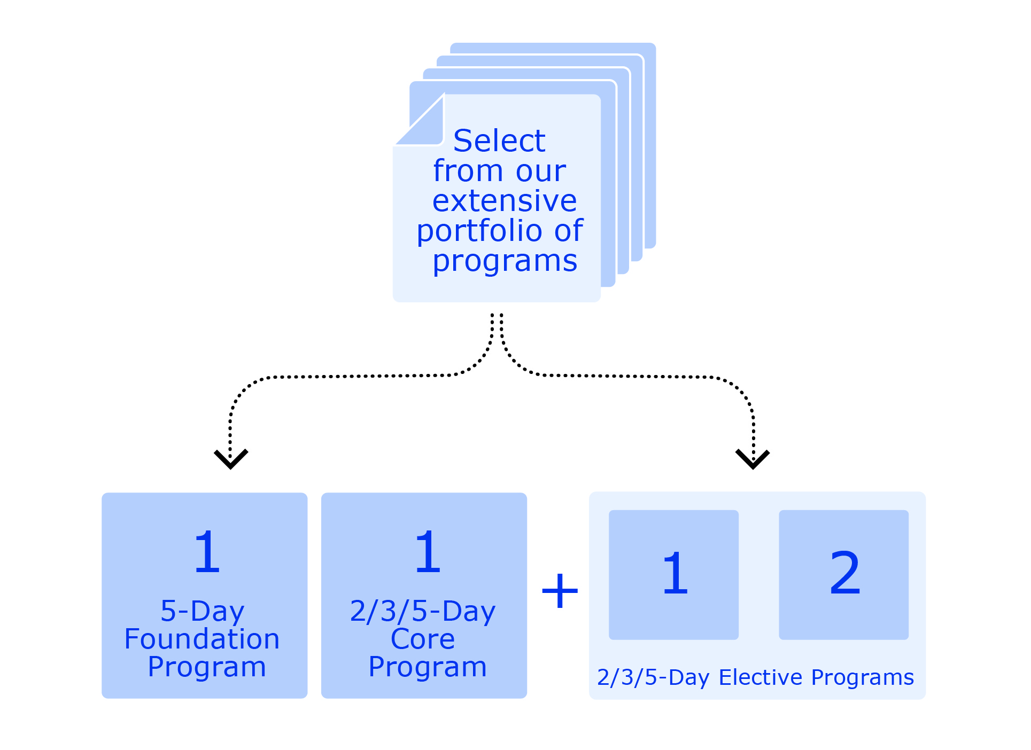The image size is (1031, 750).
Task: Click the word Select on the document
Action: (499, 140)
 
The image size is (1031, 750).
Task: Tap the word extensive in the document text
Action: (505, 201)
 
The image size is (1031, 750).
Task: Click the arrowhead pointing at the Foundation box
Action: (231, 459)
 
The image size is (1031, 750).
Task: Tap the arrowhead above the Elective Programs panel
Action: (753, 459)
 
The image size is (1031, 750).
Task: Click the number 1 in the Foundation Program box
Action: (207, 552)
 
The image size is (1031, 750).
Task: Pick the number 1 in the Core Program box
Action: (428, 552)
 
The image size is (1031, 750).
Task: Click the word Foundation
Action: (202, 639)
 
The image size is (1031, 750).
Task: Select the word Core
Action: (423, 639)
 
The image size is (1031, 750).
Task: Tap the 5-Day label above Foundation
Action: (203, 612)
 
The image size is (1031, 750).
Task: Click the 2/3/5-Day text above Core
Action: (423, 612)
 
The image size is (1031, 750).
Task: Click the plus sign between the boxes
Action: (560, 591)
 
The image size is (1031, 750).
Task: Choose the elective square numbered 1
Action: (674, 575)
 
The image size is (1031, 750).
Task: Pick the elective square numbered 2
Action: (844, 575)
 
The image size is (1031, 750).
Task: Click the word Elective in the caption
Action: (761, 677)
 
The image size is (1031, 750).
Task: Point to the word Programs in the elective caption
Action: (863, 678)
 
